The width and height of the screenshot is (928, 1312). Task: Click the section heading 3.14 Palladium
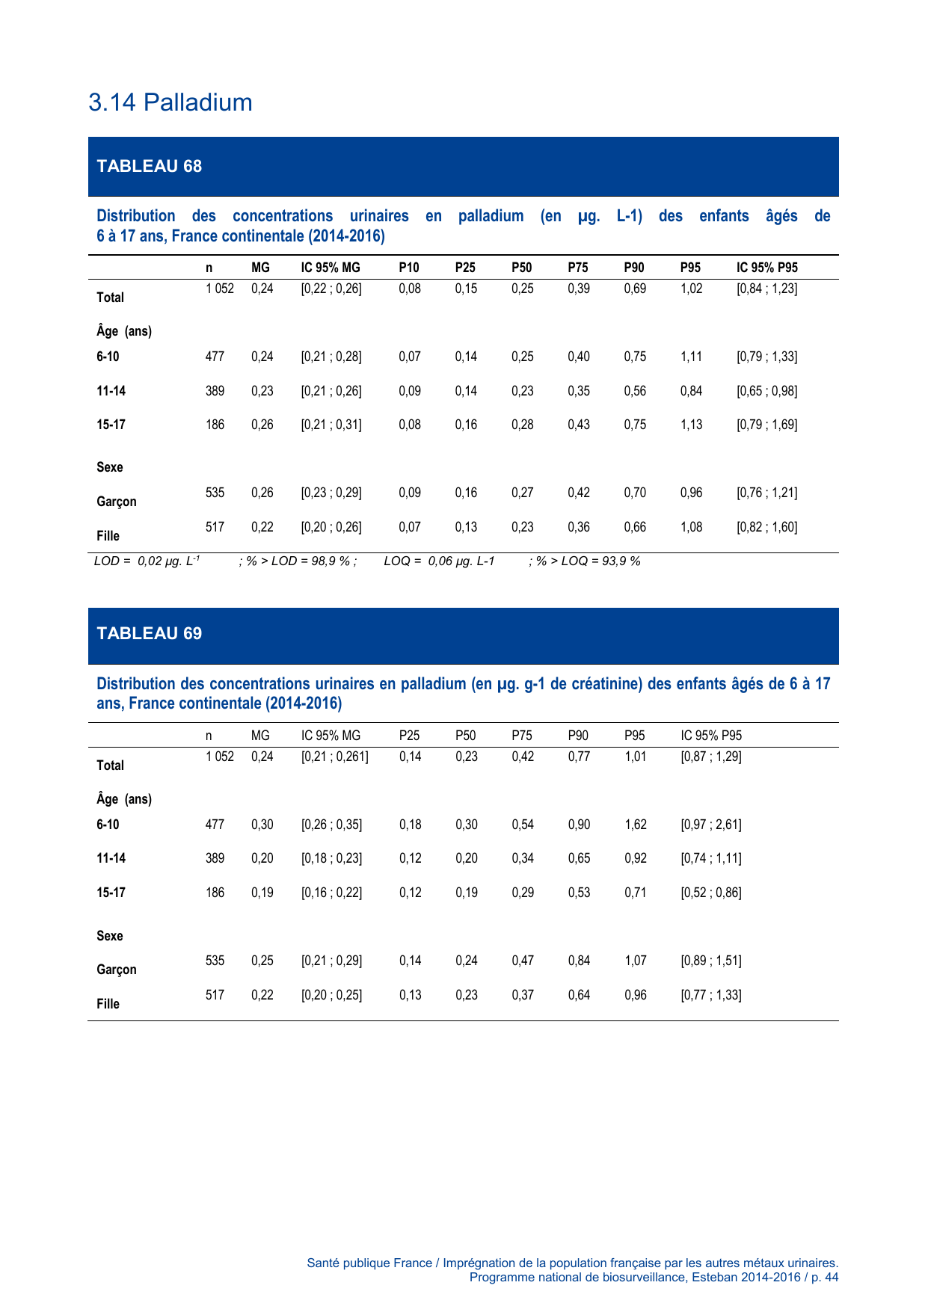(x=170, y=102)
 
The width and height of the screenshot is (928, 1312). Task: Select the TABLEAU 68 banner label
(x=150, y=166)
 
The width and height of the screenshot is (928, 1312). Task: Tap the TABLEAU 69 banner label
(x=150, y=633)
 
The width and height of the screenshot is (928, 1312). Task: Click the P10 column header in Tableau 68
(x=409, y=268)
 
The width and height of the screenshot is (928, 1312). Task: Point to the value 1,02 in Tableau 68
(x=691, y=289)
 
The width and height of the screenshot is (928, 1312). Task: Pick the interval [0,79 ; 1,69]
(x=766, y=425)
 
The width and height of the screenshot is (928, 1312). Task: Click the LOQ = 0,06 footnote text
(x=439, y=561)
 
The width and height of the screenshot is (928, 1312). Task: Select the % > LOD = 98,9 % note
(x=298, y=561)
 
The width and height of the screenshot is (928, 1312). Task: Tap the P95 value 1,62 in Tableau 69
(x=635, y=825)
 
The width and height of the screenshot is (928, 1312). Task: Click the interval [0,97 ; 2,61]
(x=710, y=825)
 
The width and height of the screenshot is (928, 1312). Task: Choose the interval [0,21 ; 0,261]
(x=334, y=757)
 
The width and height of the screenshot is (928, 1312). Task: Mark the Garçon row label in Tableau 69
(x=117, y=970)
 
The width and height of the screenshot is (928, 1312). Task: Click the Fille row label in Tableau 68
(x=108, y=536)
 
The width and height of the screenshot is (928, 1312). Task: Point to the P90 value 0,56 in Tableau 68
(x=635, y=391)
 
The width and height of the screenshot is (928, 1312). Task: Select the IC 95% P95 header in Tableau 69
(x=711, y=736)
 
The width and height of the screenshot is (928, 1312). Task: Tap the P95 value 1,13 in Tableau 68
(x=691, y=425)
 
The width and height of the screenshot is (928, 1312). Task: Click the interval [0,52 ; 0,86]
(x=710, y=893)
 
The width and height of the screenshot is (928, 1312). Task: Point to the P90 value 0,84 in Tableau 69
(x=579, y=961)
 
